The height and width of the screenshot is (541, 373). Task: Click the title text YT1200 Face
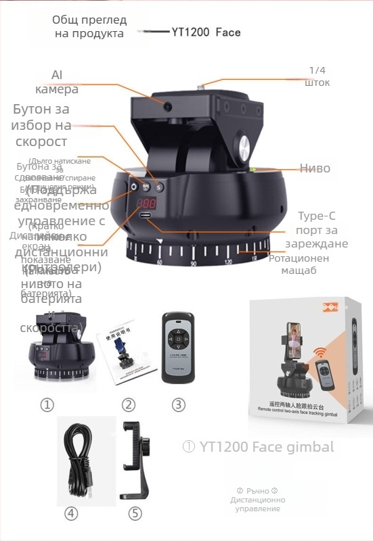click(x=206, y=32)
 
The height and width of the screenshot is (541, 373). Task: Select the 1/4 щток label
click(x=317, y=76)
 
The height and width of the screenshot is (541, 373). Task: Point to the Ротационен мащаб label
click(x=299, y=264)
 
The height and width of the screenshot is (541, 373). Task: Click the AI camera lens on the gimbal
click(x=167, y=105)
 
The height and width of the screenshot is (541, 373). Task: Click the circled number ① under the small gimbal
click(x=47, y=405)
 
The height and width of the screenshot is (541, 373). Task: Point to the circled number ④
click(x=71, y=514)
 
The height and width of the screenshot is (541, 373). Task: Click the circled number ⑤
click(x=135, y=514)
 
